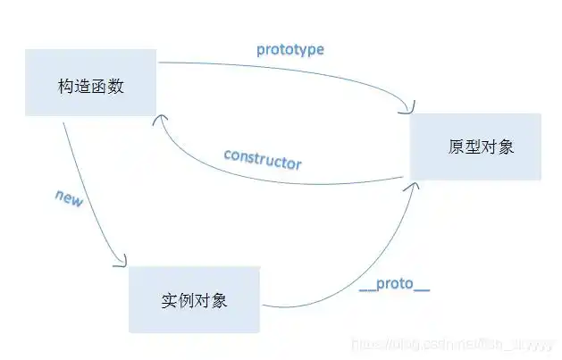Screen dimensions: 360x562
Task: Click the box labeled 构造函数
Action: (91, 88)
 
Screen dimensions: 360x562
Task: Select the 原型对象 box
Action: (475, 147)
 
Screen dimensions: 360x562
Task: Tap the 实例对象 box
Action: (194, 299)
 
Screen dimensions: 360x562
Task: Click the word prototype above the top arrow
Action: (289, 49)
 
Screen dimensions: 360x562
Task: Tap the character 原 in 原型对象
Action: (456, 147)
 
